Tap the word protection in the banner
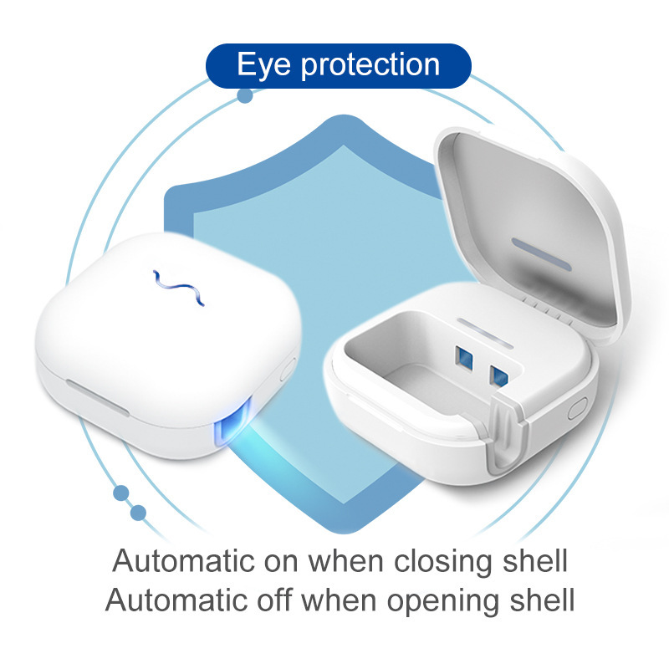[x=370, y=65]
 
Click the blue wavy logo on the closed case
[x=179, y=288]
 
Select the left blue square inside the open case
[x=464, y=358]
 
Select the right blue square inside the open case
[x=499, y=375]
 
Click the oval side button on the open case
[x=577, y=408]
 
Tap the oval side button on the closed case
[x=288, y=370]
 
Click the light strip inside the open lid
[x=542, y=255]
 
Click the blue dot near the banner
[x=245, y=95]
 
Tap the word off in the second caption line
[x=274, y=600]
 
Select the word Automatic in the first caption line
[x=184, y=560]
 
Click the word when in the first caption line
[x=345, y=560]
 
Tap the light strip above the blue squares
[x=485, y=333]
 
